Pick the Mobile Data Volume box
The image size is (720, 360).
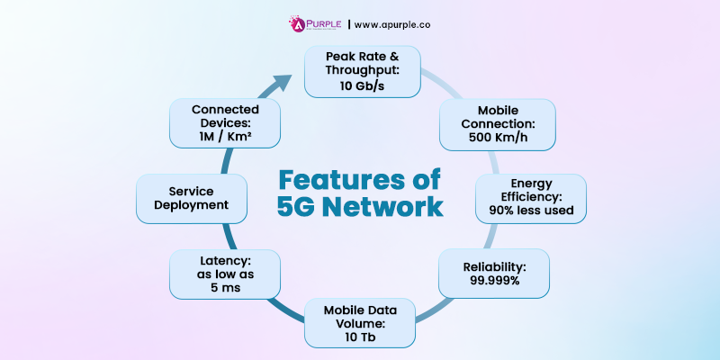(360, 322)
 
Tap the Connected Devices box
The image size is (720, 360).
(225, 123)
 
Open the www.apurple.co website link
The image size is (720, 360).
(394, 24)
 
